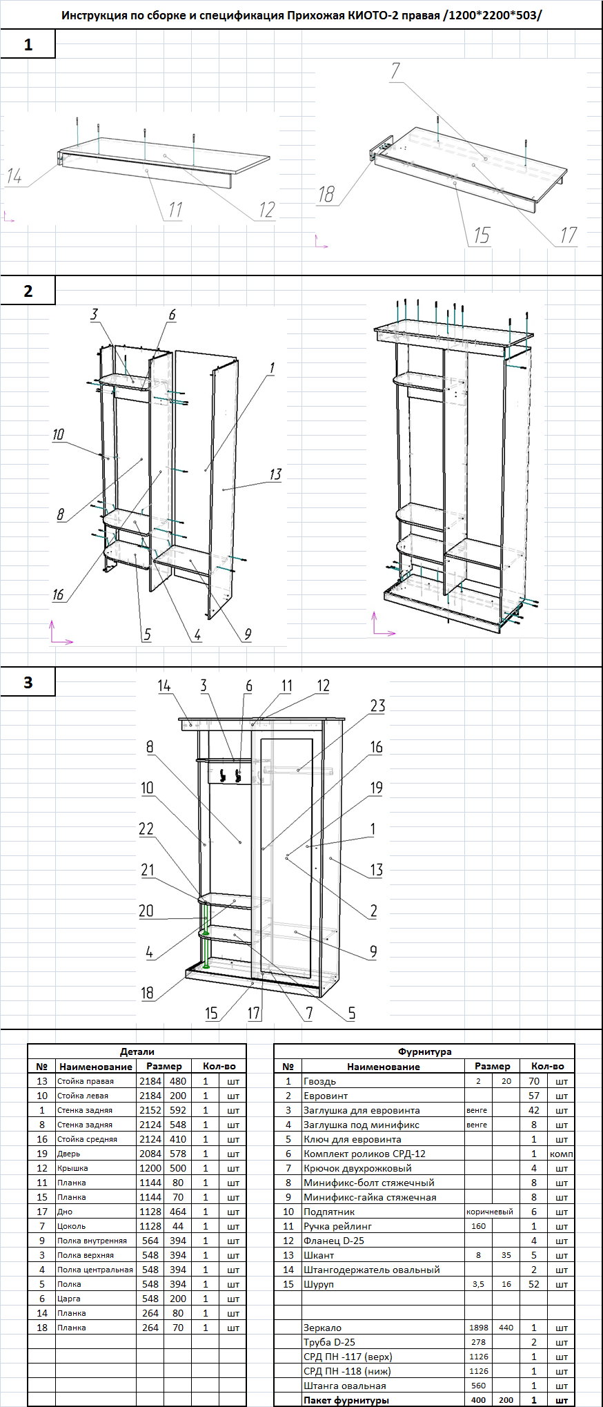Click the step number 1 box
click(28, 45)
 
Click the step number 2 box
click(28, 291)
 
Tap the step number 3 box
click(28, 682)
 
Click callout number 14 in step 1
click(14, 177)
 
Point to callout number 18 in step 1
click(326, 195)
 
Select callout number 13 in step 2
click(275, 474)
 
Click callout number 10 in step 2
click(58, 434)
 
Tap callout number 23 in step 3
click(377, 706)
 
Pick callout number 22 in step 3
click(146, 828)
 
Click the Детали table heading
click(137, 1051)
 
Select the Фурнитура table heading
click(424, 1051)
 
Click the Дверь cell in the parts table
click(69, 1154)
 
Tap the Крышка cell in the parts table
click(72, 1168)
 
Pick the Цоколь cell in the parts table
click(72, 1226)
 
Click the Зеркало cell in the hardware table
click(322, 1328)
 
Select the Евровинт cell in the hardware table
click(326, 1096)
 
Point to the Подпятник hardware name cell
click(329, 1212)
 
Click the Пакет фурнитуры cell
click(346, 1400)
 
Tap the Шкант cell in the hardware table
click(319, 1255)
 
